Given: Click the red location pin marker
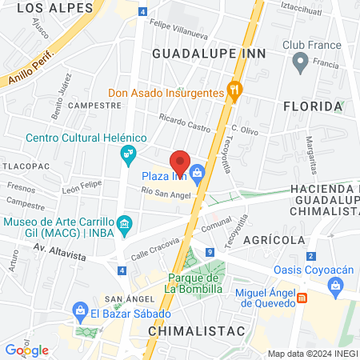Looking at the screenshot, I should click(180, 159).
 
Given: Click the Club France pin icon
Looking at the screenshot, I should click(300, 61).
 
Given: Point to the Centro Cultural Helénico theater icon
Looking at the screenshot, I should click(127, 152).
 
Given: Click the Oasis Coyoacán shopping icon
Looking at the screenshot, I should click(338, 283).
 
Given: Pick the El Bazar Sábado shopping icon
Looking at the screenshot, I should click(80, 310).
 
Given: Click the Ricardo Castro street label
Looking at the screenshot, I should click(182, 123).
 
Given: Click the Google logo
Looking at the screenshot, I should click(26, 350).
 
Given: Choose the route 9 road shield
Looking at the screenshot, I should click(209, 253).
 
